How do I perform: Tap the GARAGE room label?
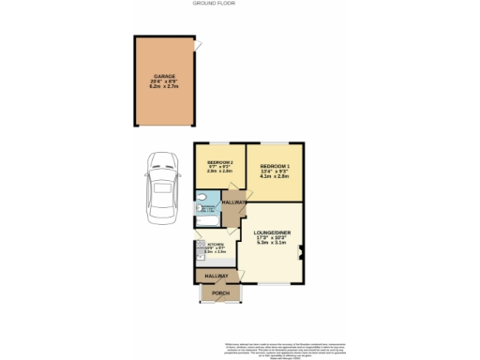click(x=164, y=77)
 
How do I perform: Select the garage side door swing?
click(x=196, y=45)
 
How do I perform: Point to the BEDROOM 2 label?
click(x=219, y=162)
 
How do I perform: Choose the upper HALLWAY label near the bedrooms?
click(x=233, y=202)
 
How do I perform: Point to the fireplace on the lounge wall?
click(x=301, y=250)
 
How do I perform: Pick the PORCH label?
click(x=220, y=293)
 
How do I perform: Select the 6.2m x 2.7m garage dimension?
click(x=164, y=88)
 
